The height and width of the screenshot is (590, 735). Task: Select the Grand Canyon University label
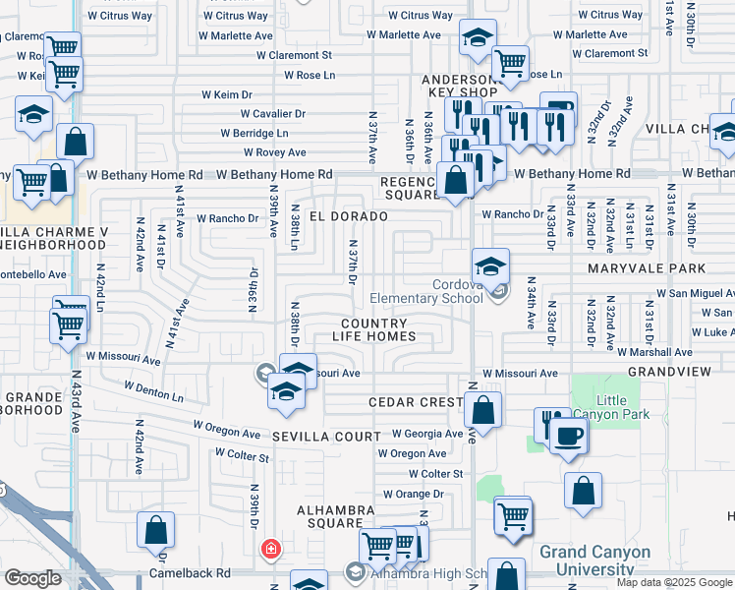(594, 560)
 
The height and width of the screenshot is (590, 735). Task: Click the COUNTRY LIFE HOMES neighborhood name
(378, 329)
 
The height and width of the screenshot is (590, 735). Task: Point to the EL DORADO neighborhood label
(343, 214)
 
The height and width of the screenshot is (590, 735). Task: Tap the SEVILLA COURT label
(325, 436)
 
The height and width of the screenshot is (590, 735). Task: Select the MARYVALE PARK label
(647, 268)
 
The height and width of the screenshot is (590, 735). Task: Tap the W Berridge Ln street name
(254, 133)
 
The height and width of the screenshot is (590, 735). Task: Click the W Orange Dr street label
(414, 494)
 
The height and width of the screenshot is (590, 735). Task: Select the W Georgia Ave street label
(426, 434)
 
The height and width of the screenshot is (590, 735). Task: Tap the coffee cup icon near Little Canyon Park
(569, 437)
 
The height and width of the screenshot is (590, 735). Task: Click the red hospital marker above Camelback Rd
(269, 548)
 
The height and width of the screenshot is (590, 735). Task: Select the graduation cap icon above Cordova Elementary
(490, 265)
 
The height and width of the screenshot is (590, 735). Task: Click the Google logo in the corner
(31, 578)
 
